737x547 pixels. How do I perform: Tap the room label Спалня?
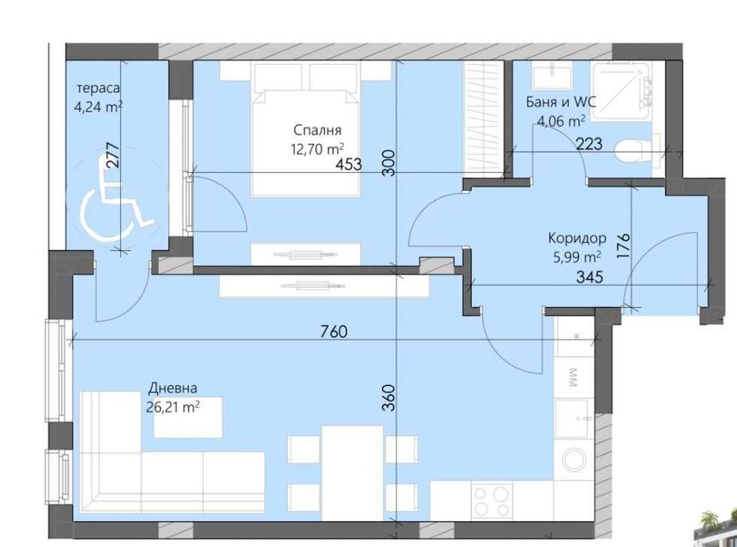[x=318, y=130]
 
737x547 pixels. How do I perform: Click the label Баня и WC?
[x=562, y=102]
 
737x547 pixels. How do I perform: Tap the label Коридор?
[x=577, y=238]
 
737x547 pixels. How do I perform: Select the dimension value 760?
[x=333, y=331]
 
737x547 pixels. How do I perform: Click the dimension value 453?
[x=349, y=165]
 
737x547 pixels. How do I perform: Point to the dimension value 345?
[x=589, y=276]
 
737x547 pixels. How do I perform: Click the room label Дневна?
[x=173, y=388]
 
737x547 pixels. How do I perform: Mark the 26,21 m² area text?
[x=173, y=406]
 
